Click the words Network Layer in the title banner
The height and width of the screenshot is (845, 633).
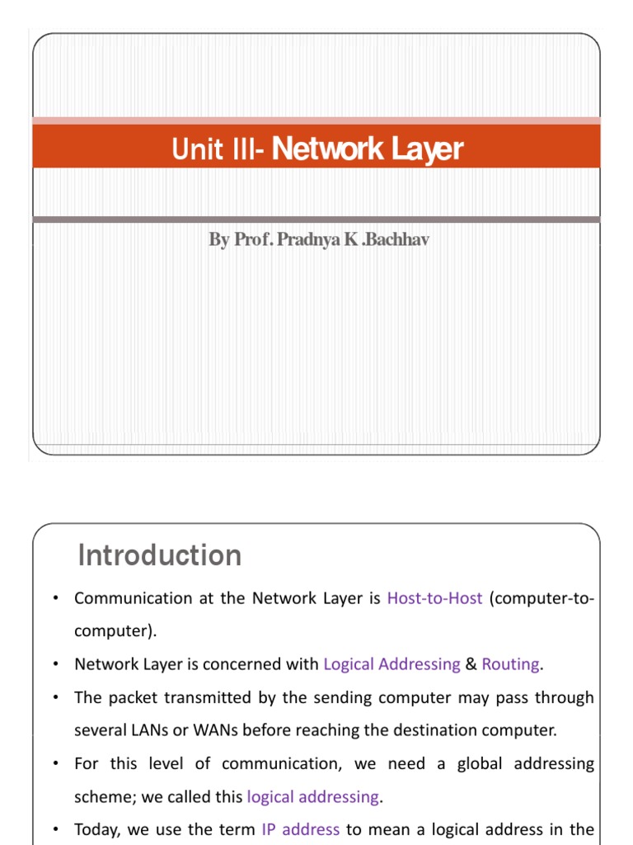click(x=368, y=149)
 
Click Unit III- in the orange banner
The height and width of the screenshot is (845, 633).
click(x=218, y=149)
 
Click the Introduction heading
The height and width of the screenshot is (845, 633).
click(x=160, y=555)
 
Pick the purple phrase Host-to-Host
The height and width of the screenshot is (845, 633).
click(x=434, y=598)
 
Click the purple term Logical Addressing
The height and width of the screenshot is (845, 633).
click(x=392, y=663)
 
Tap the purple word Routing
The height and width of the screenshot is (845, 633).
click(x=511, y=663)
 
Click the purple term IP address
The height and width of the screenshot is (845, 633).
click(x=300, y=829)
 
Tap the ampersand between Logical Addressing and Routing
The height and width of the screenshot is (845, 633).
click(x=471, y=663)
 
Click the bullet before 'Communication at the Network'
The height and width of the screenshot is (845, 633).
click(x=54, y=599)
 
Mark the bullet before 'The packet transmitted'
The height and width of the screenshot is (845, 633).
click(x=54, y=698)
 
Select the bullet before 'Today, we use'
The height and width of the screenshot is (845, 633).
click(x=54, y=830)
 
